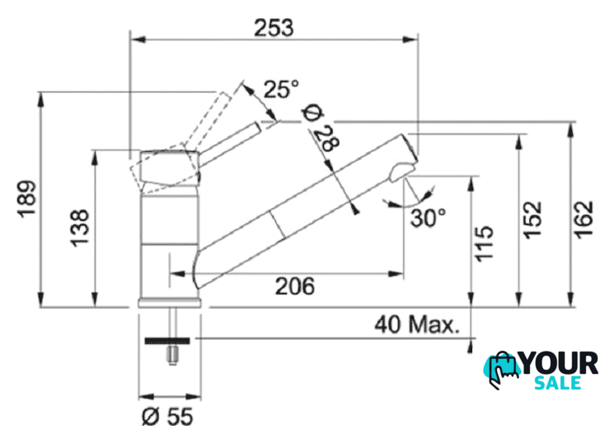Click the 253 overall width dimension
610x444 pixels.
click(274, 28)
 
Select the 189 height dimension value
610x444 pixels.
click(27, 198)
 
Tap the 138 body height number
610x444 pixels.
click(80, 228)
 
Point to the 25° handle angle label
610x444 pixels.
click(281, 89)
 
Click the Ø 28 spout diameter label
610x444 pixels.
click(321, 128)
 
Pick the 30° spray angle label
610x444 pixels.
click(429, 218)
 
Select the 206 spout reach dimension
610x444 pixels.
click(295, 286)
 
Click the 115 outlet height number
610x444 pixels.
click(484, 243)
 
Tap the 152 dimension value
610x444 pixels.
click(532, 220)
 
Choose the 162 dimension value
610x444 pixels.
click(584, 220)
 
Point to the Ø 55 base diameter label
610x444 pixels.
click(167, 416)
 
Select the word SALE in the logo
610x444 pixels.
click(558, 382)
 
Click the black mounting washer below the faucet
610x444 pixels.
click(167, 341)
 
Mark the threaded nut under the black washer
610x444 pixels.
click(172, 356)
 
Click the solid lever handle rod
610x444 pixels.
click(229, 144)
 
